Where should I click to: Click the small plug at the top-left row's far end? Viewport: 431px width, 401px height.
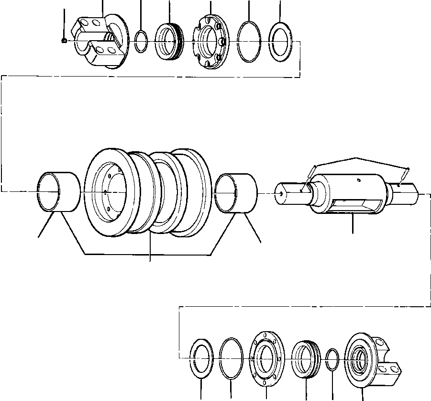point(64,41)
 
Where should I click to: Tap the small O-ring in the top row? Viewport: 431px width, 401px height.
point(141,41)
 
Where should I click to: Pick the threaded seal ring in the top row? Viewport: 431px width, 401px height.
point(169,41)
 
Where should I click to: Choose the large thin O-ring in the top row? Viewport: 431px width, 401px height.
point(249,41)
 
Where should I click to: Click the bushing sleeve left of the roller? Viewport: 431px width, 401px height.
point(58,192)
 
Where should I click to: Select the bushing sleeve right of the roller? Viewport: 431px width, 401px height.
point(236,192)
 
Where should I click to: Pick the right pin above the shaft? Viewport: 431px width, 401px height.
point(405,174)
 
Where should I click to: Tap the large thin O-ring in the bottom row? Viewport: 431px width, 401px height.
point(232,358)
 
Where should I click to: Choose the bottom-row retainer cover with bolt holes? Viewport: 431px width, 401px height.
point(265,358)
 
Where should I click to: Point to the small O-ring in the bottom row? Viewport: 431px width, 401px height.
point(332,358)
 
